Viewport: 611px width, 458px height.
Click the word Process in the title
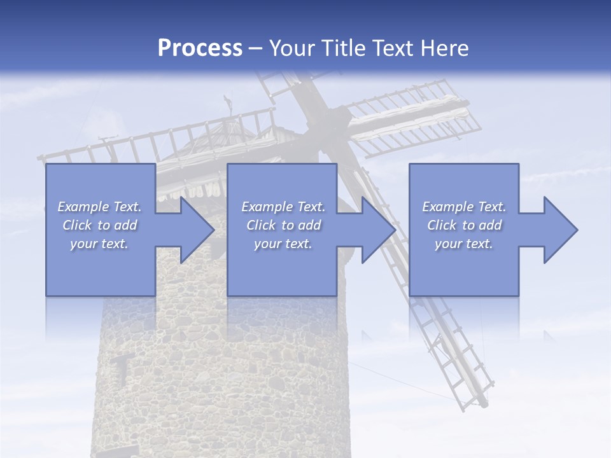click(x=200, y=48)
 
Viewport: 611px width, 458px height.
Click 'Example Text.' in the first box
click(x=99, y=207)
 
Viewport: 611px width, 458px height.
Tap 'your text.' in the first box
click(x=99, y=244)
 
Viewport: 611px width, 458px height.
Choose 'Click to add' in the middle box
click(x=283, y=225)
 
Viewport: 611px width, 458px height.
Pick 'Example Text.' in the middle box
click(x=283, y=207)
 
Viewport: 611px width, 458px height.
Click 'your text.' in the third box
click(x=464, y=244)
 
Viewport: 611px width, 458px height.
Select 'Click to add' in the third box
click(x=464, y=225)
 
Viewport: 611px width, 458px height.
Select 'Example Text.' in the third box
click(x=464, y=207)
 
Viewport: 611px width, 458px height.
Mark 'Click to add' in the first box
click(x=99, y=225)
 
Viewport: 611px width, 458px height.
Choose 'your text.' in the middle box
click(x=283, y=244)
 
